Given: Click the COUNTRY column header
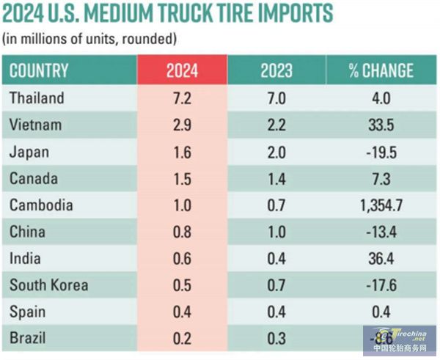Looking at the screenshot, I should [40, 70].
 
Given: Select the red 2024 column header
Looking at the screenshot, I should [183, 70].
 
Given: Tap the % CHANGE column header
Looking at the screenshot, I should [381, 70].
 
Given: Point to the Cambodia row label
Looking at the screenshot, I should [42, 205].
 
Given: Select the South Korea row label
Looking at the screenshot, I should [49, 285].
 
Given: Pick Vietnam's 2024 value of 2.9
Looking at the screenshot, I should [183, 125].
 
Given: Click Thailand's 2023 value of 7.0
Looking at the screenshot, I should [276, 98].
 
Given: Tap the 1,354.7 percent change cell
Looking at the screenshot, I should [381, 205].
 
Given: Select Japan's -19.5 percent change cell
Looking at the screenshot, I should [381, 152].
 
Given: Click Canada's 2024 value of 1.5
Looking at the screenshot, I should [183, 178].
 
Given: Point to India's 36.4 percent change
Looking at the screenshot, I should [381, 259].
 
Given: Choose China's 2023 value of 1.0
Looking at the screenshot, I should [276, 232].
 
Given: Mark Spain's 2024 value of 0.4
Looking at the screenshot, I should [183, 312].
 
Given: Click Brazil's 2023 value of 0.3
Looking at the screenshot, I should [276, 339].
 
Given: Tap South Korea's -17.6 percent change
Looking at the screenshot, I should [381, 285].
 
